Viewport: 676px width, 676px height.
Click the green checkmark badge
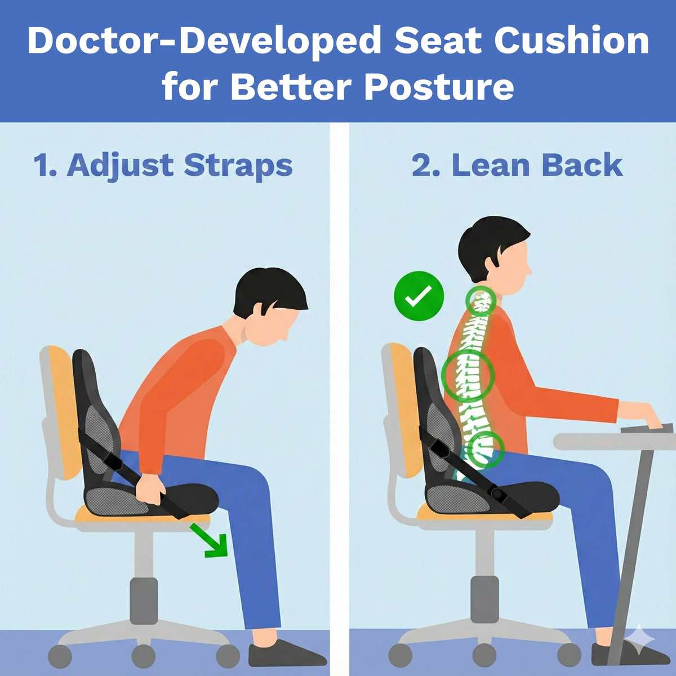(419, 296)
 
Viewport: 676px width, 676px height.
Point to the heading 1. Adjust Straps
(163, 166)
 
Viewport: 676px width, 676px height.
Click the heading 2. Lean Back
(517, 166)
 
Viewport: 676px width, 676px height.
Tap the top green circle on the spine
(481, 301)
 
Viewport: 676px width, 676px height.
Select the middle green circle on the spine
(468, 372)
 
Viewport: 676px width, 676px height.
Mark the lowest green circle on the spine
(485, 450)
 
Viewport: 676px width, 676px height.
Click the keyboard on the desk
(648, 429)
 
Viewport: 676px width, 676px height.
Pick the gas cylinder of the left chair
(144, 601)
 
